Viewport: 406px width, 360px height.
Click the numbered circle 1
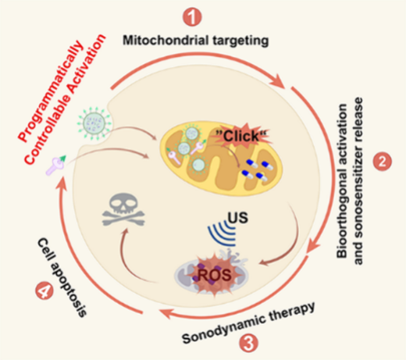pos(192,17)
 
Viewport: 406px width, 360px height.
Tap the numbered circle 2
pos(383,162)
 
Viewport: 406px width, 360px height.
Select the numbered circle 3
pos(248,343)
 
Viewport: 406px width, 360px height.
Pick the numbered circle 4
pos(45,290)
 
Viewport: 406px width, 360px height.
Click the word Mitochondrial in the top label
pos(166,41)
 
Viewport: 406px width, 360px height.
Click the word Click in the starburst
pos(241,136)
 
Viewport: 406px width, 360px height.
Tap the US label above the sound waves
pos(238,217)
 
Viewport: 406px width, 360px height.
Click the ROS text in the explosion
pos(215,275)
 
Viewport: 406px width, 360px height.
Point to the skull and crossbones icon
pos(123,210)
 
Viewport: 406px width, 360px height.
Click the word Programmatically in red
pos(52,91)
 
